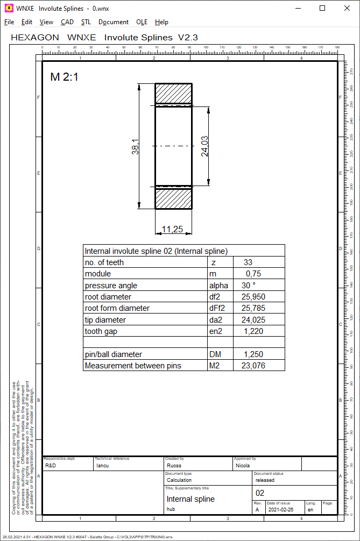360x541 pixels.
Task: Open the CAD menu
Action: (67, 22)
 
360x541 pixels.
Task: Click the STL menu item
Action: (86, 22)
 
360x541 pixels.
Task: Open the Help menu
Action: (161, 22)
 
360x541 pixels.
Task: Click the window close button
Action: (347, 8)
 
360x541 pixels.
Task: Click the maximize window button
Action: (322, 8)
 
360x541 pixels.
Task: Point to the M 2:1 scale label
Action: (64, 77)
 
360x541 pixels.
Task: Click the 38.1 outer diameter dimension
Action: (136, 147)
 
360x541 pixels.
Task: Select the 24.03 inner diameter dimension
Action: (204, 146)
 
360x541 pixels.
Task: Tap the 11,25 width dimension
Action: (172, 229)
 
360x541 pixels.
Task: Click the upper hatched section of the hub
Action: (174, 93)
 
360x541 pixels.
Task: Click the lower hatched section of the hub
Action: (174, 198)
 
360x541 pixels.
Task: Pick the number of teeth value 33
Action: (248, 262)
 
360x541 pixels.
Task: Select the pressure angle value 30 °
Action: (248, 286)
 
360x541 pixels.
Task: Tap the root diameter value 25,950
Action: (253, 297)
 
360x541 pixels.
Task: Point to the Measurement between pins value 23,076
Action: (253, 366)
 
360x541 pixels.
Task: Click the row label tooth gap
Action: (101, 332)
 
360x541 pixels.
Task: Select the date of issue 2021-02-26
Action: (280, 509)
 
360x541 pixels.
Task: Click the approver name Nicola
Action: (243, 466)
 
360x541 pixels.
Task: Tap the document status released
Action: (265, 480)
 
